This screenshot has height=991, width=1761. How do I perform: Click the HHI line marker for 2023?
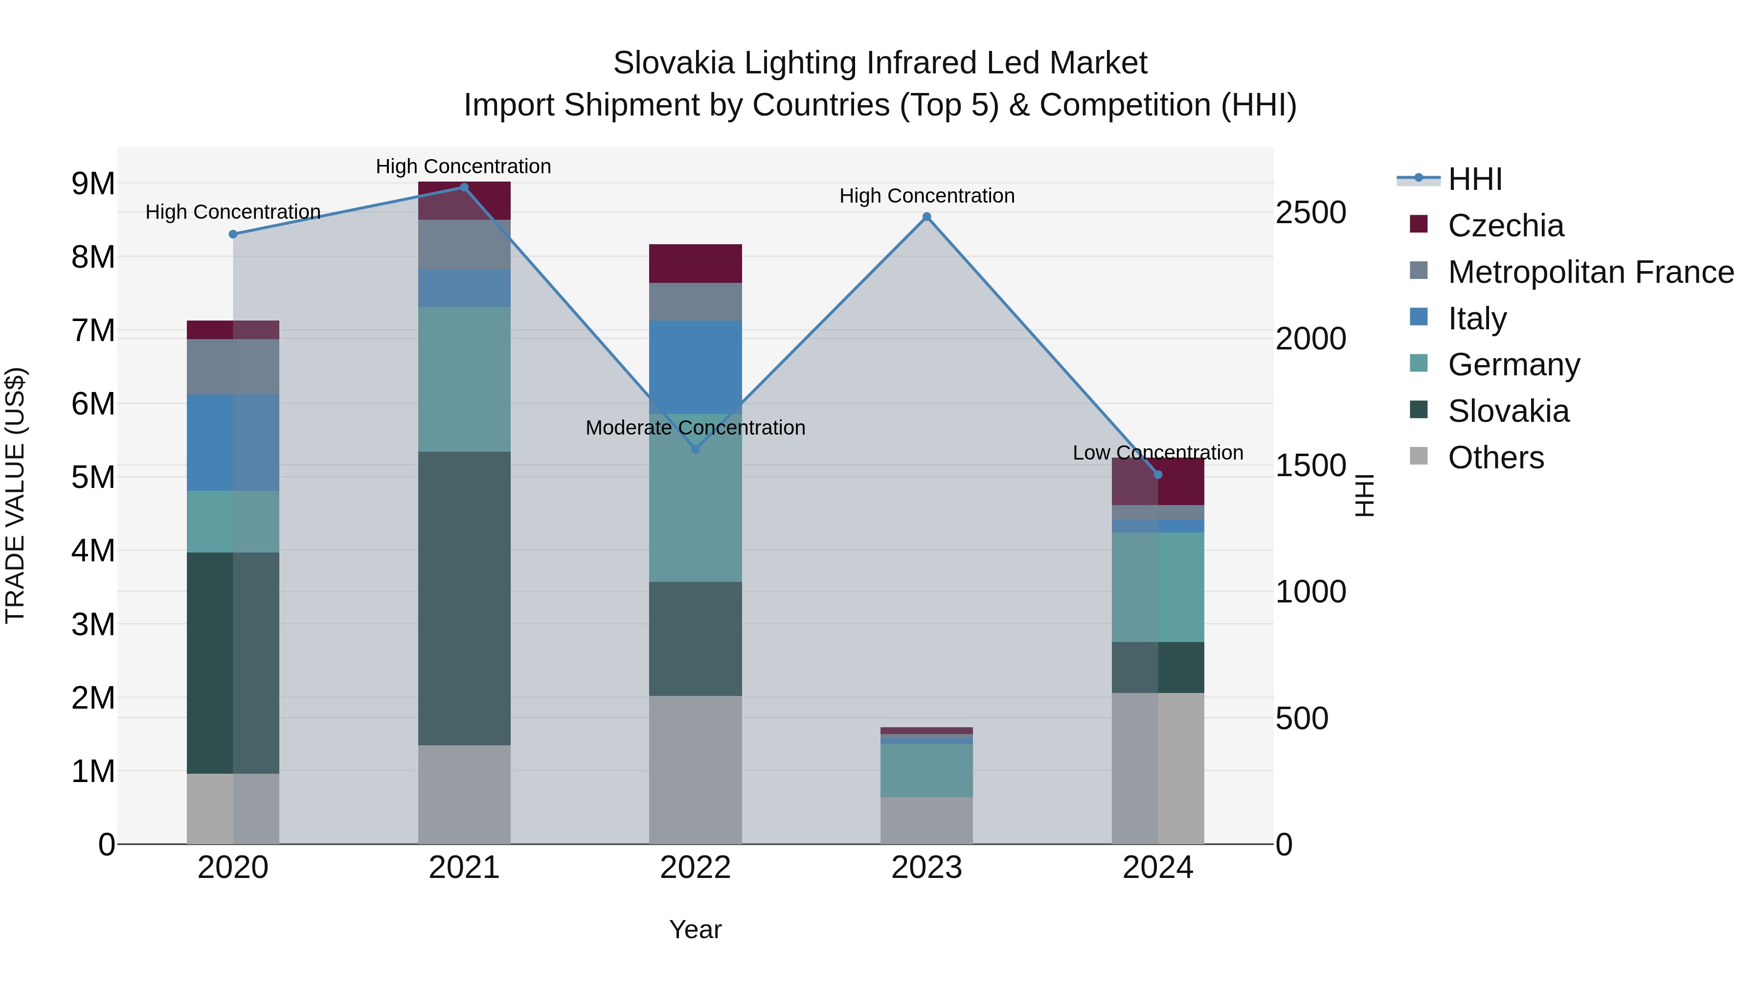coord(926,217)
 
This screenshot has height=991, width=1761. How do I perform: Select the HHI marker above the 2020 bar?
coord(233,234)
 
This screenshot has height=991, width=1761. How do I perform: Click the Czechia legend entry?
coord(1505,226)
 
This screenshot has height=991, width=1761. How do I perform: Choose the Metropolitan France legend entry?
coord(1590,272)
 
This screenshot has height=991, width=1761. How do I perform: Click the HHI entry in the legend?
coord(1474,179)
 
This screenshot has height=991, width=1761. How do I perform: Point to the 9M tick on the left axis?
coord(93,184)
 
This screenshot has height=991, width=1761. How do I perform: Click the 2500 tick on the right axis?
coord(1310,213)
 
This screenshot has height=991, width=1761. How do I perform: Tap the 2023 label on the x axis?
coord(926,868)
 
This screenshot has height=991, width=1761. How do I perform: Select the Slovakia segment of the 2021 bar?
coord(464,599)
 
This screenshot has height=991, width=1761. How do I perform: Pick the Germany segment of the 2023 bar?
coord(926,770)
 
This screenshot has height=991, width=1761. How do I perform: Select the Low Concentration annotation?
coord(1157,453)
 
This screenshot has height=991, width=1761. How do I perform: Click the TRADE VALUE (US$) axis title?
coord(15,495)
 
